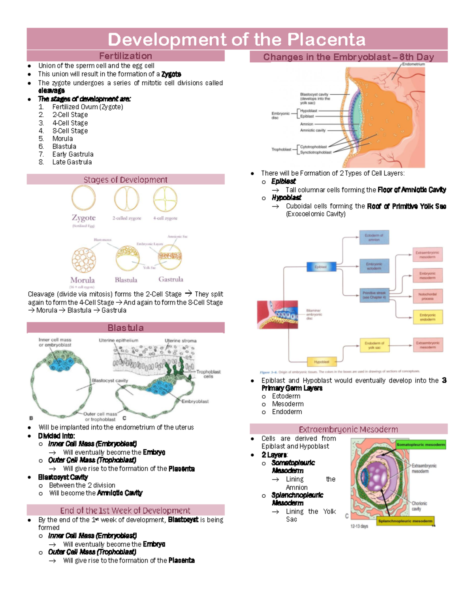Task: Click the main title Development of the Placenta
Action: click(237, 39)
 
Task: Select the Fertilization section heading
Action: click(126, 56)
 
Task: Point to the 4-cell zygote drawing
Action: click(165, 199)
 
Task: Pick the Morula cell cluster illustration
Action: click(84, 261)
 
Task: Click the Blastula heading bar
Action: click(126, 328)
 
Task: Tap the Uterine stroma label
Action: click(181, 341)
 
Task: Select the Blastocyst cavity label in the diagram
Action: click(110, 381)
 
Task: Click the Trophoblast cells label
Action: click(208, 374)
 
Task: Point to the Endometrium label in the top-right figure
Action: click(414, 64)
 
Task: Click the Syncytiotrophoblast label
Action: click(316, 152)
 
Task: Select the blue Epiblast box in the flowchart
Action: click(321, 267)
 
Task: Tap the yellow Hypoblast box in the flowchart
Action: click(322, 362)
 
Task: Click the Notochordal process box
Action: click(427, 296)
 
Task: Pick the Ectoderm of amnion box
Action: click(374, 237)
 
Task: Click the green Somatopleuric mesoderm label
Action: click(421, 444)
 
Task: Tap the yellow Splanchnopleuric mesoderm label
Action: click(405, 521)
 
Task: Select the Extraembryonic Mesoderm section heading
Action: click(348, 429)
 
